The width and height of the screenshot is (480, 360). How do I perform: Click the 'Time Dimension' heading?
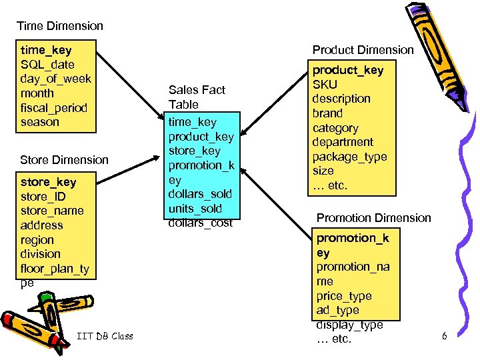(60, 26)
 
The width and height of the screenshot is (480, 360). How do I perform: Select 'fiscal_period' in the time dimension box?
(54, 107)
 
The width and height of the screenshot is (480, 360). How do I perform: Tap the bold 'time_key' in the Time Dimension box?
(46, 50)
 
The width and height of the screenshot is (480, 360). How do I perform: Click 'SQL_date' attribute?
(47, 65)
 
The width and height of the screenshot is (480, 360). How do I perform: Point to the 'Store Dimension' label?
(64, 159)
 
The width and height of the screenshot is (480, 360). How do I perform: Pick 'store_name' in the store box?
(52, 211)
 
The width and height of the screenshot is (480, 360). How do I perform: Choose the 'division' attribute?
(41, 254)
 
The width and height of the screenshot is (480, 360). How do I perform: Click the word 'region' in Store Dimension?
(37, 239)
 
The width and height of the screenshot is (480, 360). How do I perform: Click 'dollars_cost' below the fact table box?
(201, 223)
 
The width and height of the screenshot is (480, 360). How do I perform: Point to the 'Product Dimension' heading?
(363, 50)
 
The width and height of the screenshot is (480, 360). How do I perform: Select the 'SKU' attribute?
(325, 84)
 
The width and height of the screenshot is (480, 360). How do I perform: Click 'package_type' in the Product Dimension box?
(350, 157)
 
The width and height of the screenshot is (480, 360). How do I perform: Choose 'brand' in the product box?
(327, 113)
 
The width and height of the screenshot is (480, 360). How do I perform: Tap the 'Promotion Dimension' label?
(373, 218)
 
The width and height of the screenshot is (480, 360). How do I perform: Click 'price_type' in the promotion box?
(344, 296)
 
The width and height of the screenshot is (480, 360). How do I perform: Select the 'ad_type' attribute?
(338, 311)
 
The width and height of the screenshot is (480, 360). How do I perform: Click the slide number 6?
(445, 336)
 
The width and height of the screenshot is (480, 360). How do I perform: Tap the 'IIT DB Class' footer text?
(105, 336)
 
